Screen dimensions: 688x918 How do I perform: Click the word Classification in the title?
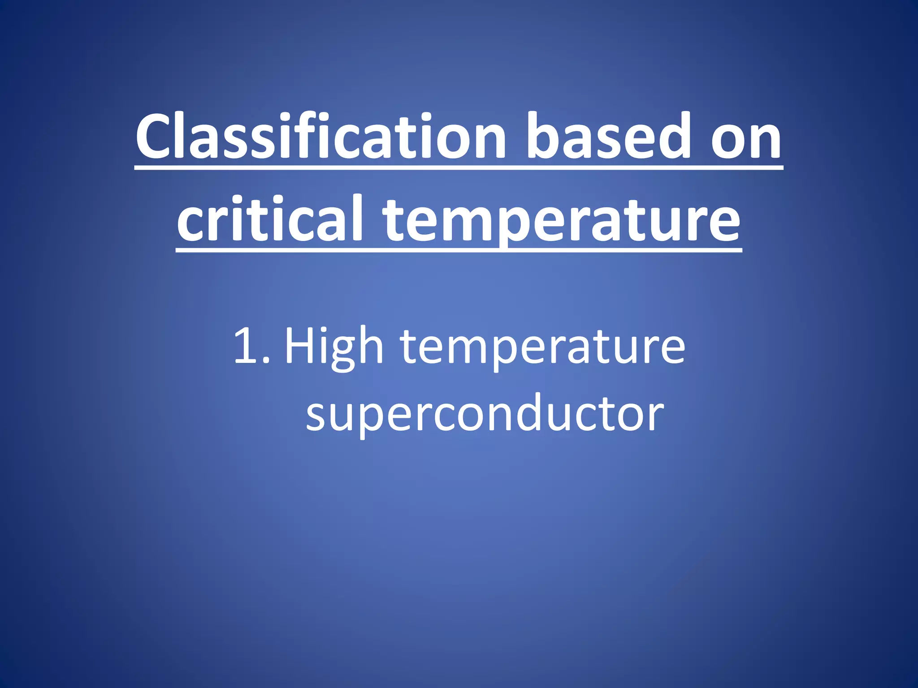pos(321,137)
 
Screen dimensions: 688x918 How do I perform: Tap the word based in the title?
pos(608,137)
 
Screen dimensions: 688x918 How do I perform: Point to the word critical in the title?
pos(269,219)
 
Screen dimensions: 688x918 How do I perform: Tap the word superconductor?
pos(485,414)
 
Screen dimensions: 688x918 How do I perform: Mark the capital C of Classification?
pos(155,137)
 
